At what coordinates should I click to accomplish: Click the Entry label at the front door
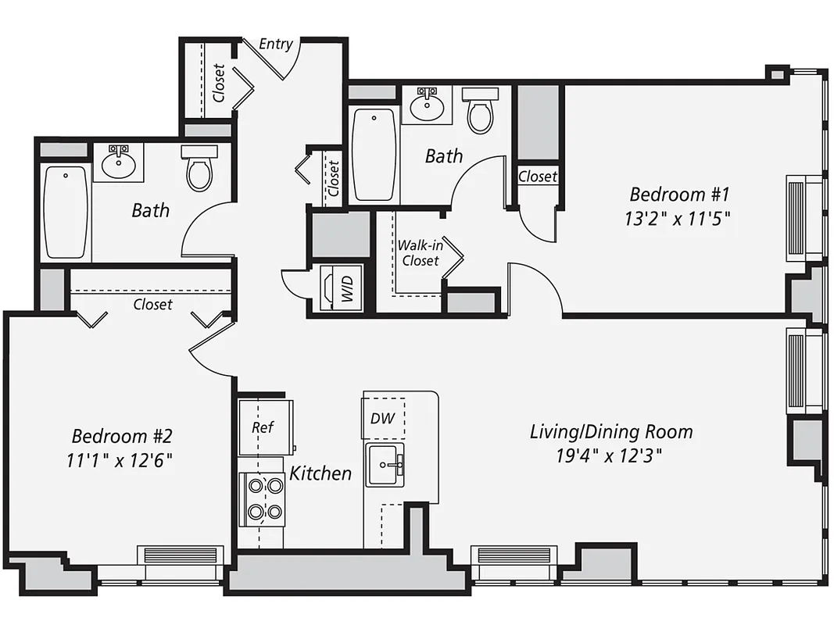click(276, 44)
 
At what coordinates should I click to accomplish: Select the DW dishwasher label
click(383, 419)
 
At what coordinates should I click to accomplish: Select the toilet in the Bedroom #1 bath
click(480, 111)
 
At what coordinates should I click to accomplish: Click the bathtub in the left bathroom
click(66, 211)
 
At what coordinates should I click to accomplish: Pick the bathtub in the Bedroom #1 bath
click(374, 155)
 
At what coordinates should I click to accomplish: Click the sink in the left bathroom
click(119, 162)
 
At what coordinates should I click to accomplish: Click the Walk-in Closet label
click(419, 253)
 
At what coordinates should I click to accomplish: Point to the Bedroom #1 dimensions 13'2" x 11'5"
click(677, 220)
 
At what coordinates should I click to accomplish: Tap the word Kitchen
click(320, 473)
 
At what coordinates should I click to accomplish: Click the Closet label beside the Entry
click(219, 84)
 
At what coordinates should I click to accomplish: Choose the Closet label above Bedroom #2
click(152, 304)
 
